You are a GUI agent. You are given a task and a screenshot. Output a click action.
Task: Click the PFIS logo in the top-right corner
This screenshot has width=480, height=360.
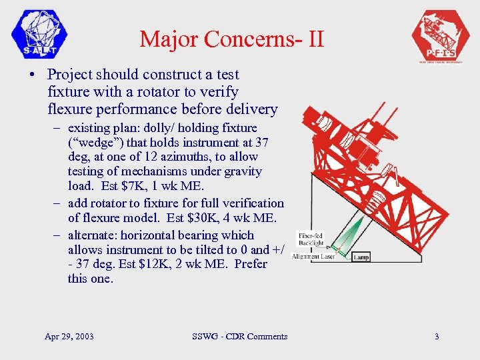441,37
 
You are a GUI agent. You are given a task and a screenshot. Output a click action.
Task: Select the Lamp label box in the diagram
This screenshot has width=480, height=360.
361,257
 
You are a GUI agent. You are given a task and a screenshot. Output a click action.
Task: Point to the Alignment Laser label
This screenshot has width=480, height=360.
313,257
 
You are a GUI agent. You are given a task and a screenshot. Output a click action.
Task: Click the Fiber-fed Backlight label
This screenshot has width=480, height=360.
311,239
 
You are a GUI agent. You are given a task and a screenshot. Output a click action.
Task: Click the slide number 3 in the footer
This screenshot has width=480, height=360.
437,336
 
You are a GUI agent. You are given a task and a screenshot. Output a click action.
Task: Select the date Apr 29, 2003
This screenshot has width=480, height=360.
69,336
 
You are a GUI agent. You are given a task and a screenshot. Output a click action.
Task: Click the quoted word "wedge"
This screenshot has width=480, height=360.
91,142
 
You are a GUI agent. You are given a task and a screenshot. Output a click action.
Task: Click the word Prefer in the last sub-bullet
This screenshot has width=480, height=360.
250,264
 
